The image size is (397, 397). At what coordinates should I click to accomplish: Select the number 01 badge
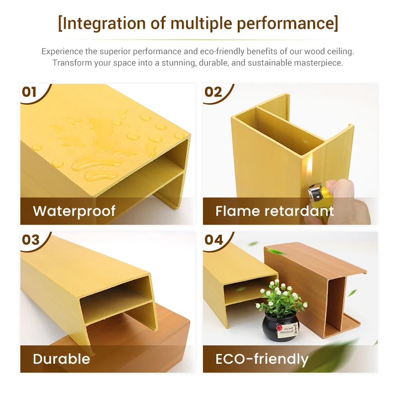click(x=30, y=92)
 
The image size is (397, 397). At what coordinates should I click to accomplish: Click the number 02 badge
click(x=213, y=92)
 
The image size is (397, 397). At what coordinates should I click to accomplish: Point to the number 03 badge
click(x=30, y=240)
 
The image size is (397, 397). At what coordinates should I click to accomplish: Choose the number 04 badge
click(x=213, y=240)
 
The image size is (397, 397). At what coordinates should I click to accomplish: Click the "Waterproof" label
click(x=74, y=211)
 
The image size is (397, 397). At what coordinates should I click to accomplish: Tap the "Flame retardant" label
click(x=274, y=211)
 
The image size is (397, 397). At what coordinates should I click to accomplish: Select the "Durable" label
click(x=62, y=359)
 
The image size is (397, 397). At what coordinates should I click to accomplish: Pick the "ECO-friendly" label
click(x=262, y=359)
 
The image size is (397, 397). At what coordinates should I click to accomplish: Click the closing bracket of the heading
click(x=336, y=23)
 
